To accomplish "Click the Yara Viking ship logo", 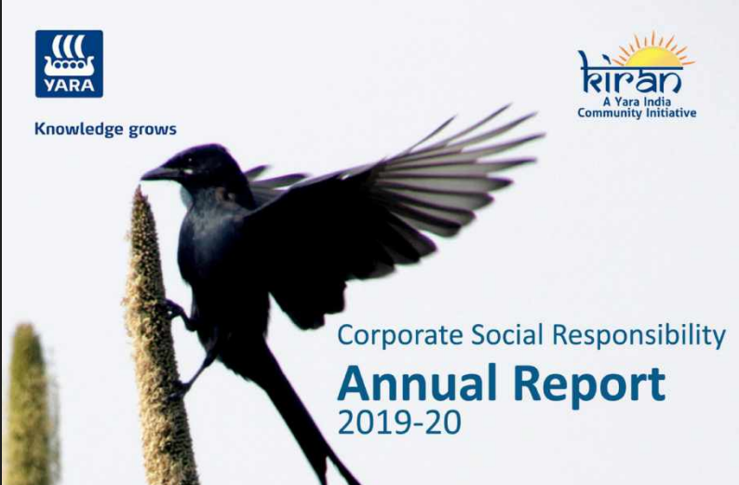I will [69, 55].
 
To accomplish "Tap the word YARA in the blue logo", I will [69, 86].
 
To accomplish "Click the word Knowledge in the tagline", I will [77, 128].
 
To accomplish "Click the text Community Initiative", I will [637, 114].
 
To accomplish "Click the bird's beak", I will [157, 172].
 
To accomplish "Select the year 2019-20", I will [399, 424].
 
